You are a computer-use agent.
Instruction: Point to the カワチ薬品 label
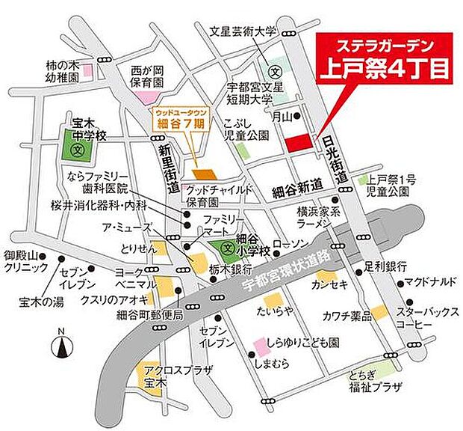click(x=344, y=314)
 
